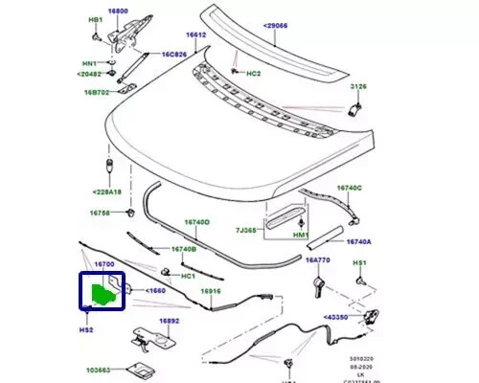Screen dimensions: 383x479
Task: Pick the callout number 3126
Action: pos(357,87)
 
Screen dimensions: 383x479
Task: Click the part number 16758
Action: pos(102,212)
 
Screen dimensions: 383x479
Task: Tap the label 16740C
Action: pos(348,189)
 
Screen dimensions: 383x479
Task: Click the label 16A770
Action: pos(317,259)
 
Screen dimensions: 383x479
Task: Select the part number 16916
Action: pos(212,290)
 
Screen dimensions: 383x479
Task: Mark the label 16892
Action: pos(169,322)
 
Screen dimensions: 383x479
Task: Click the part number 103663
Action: pos(99,369)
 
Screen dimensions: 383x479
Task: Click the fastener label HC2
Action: pos(253,74)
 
